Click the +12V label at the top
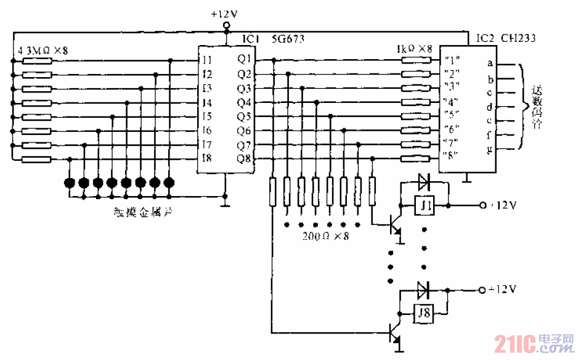(225, 12)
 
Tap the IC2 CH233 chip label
(505, 38)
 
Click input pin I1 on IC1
(206, 60)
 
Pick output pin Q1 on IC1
(244, 60)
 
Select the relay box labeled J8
(425, 313)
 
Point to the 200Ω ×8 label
(325, 236)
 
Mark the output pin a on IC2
(490, 63)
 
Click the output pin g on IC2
(490, 150)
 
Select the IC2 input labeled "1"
(453, 60)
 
